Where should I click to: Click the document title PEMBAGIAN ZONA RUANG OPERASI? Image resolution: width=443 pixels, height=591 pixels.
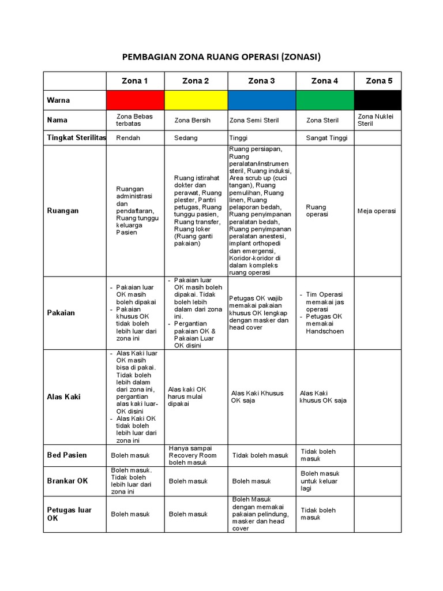[221, 57]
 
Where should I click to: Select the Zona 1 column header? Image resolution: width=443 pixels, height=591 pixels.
[134, 81]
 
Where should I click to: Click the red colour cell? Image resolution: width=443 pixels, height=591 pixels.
[136, 100]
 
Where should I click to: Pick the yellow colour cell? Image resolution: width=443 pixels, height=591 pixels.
[196, 100]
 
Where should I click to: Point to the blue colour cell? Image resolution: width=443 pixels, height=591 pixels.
[262, 100]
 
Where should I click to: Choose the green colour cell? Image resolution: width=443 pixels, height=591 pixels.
[325, 100]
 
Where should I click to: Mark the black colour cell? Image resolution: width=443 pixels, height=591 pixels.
[378, 100]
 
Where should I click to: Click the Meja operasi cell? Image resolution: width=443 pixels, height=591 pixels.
[377, 211]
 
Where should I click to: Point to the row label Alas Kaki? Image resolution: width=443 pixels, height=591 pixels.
[64, 397]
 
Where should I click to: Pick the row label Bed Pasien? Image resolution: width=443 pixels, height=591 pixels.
[67, 455]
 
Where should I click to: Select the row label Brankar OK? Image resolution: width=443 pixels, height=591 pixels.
[67, 481]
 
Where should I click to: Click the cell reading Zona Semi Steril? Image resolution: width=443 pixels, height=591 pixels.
[254, 121]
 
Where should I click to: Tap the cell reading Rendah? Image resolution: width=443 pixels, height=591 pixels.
[128, 139]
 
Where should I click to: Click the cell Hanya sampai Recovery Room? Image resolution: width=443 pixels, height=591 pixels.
[193, 455]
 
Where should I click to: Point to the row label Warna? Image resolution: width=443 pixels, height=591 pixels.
[58, 100]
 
